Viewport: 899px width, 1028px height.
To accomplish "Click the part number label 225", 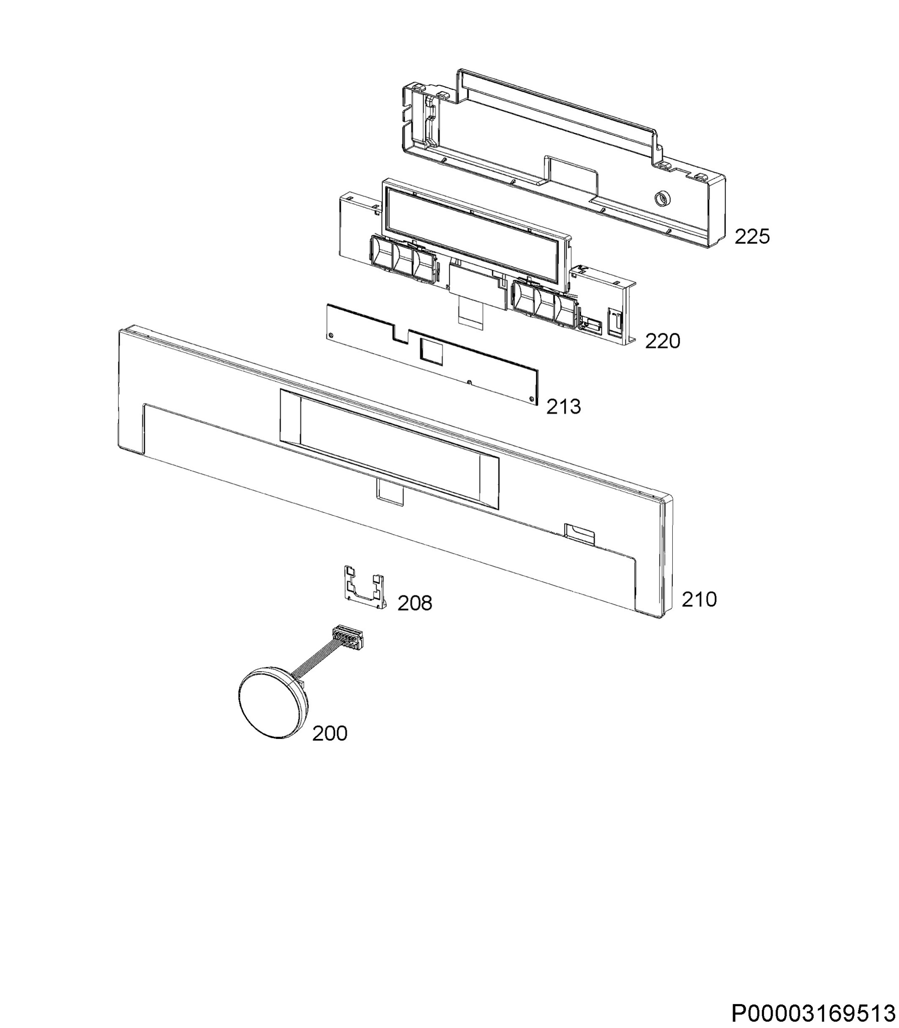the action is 752,236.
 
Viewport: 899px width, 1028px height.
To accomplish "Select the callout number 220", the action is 662,341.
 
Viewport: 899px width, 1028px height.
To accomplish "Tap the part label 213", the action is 563,406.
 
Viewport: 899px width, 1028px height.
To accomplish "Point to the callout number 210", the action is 699,599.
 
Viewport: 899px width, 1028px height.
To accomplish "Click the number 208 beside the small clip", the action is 415,603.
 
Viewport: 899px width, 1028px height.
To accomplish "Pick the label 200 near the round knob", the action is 330,733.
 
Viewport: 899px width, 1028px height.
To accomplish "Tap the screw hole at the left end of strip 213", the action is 331,334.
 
